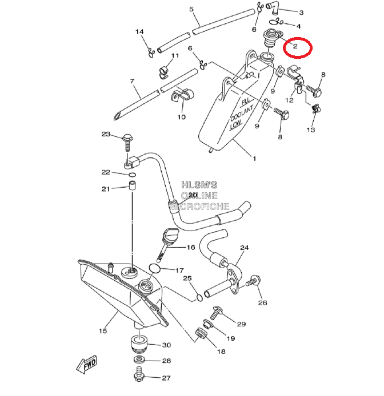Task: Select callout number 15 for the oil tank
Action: coord(103,330)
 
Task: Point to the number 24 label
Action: coord(244,248)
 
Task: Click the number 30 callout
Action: coord(166,345)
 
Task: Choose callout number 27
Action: coord(166,378)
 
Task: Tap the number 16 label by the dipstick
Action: coord(190,248)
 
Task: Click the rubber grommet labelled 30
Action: coord(139,344)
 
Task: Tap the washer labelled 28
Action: coord(139,361)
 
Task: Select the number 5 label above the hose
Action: coord(191,9)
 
